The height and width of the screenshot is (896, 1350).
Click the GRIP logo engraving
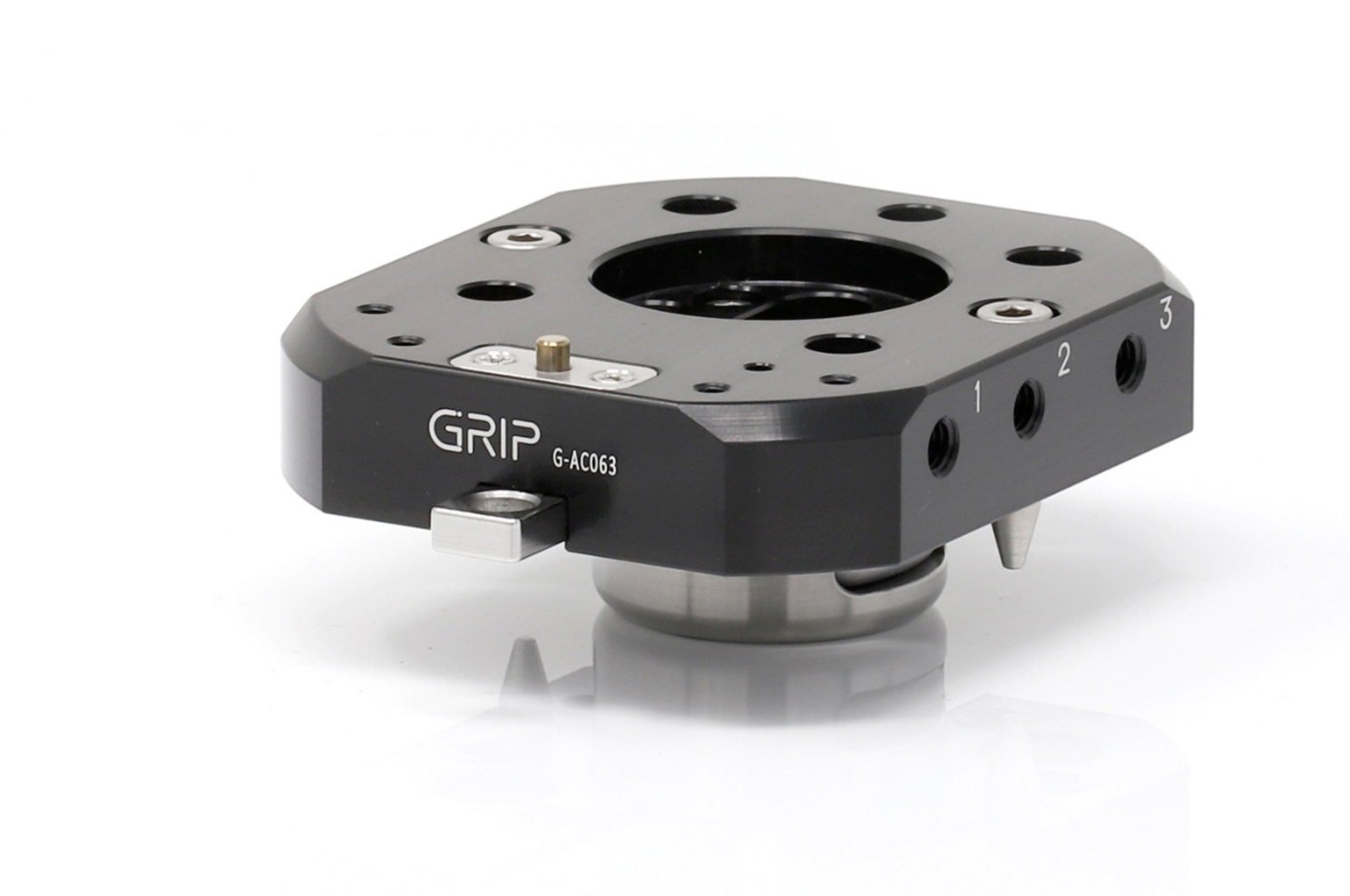(x=484, y=433)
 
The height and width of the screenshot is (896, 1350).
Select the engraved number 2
(x=1063, y=361)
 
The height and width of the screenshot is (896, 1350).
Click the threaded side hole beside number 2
(x=1029, y=408)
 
